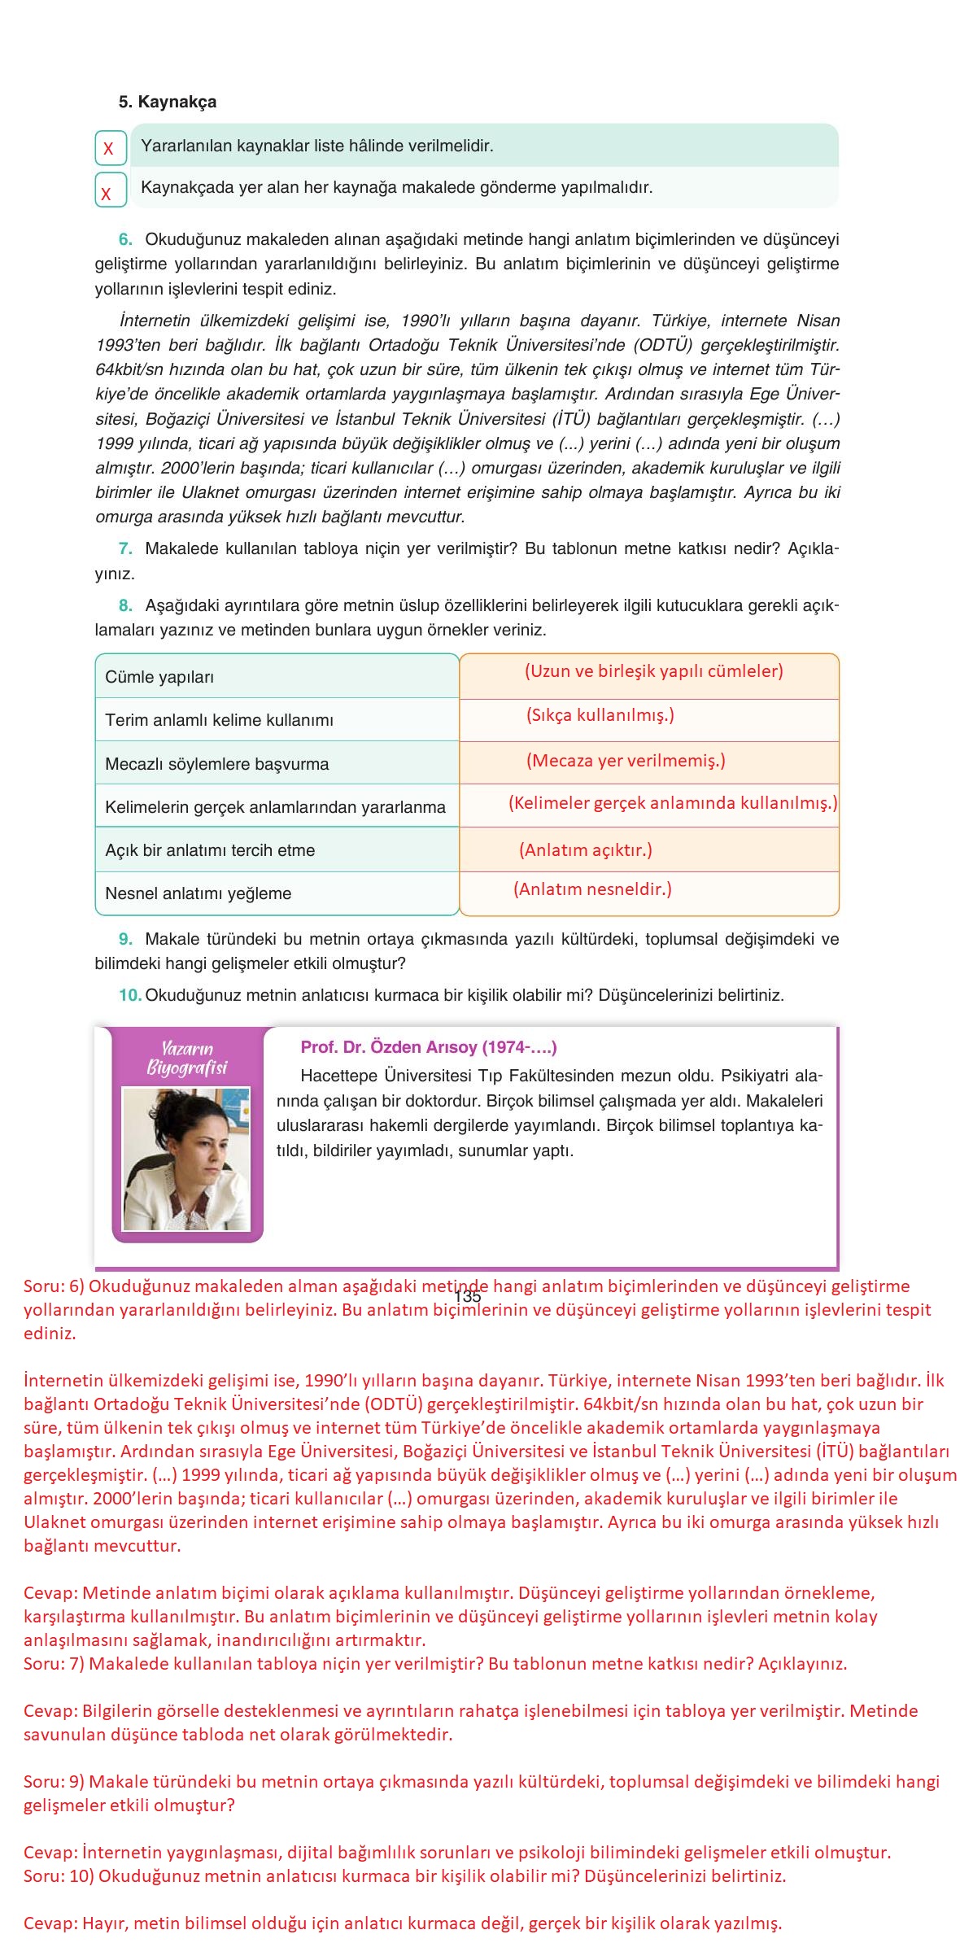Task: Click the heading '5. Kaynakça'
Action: (x=168, y=102)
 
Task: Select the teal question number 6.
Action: (x=125, y=239)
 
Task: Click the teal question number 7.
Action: (x=125, y=548)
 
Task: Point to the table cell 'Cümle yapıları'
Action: (x=159, y=677)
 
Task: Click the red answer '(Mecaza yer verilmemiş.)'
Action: (x=626, y=761)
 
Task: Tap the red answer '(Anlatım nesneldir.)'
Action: (x=592, y=889)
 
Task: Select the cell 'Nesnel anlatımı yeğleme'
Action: (x=198, y=893)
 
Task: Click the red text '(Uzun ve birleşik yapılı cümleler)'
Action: (x=653, y=671)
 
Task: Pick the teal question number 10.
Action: (x=129, y=995)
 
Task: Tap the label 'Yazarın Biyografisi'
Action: (x=186, y=1058)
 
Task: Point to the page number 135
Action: (x=468, y=1297)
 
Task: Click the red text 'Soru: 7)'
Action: (x=53, y=1664)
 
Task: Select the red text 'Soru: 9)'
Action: (x=53, y=1782)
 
